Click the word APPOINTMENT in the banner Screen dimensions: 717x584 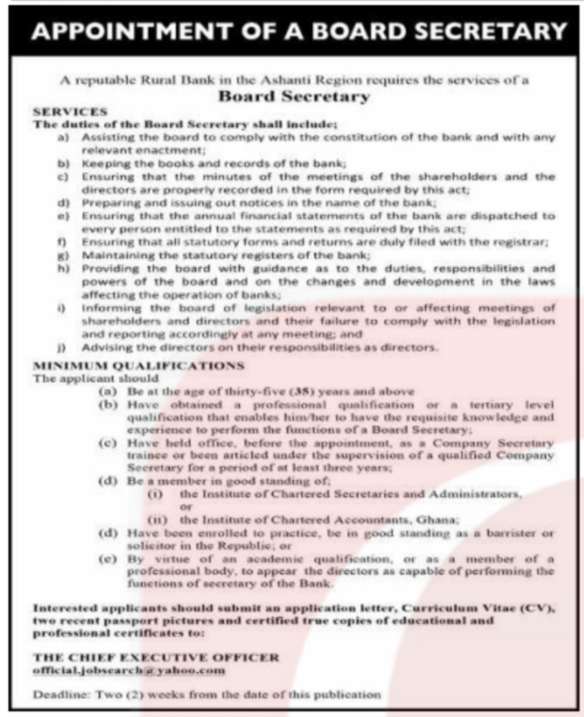[121, 32]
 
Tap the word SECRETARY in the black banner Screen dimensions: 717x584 [483, 32]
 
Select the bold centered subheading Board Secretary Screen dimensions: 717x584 [293, 97]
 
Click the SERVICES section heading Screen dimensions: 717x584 [69, 111]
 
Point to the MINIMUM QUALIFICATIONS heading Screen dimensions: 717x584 [138, 366]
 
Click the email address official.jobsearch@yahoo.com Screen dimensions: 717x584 [129, 670]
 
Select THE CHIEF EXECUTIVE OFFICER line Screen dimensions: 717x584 [156, 657]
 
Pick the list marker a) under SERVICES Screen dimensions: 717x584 [62, 136]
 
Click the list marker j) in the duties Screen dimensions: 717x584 [61, 346]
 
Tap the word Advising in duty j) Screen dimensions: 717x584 [107, 346]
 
